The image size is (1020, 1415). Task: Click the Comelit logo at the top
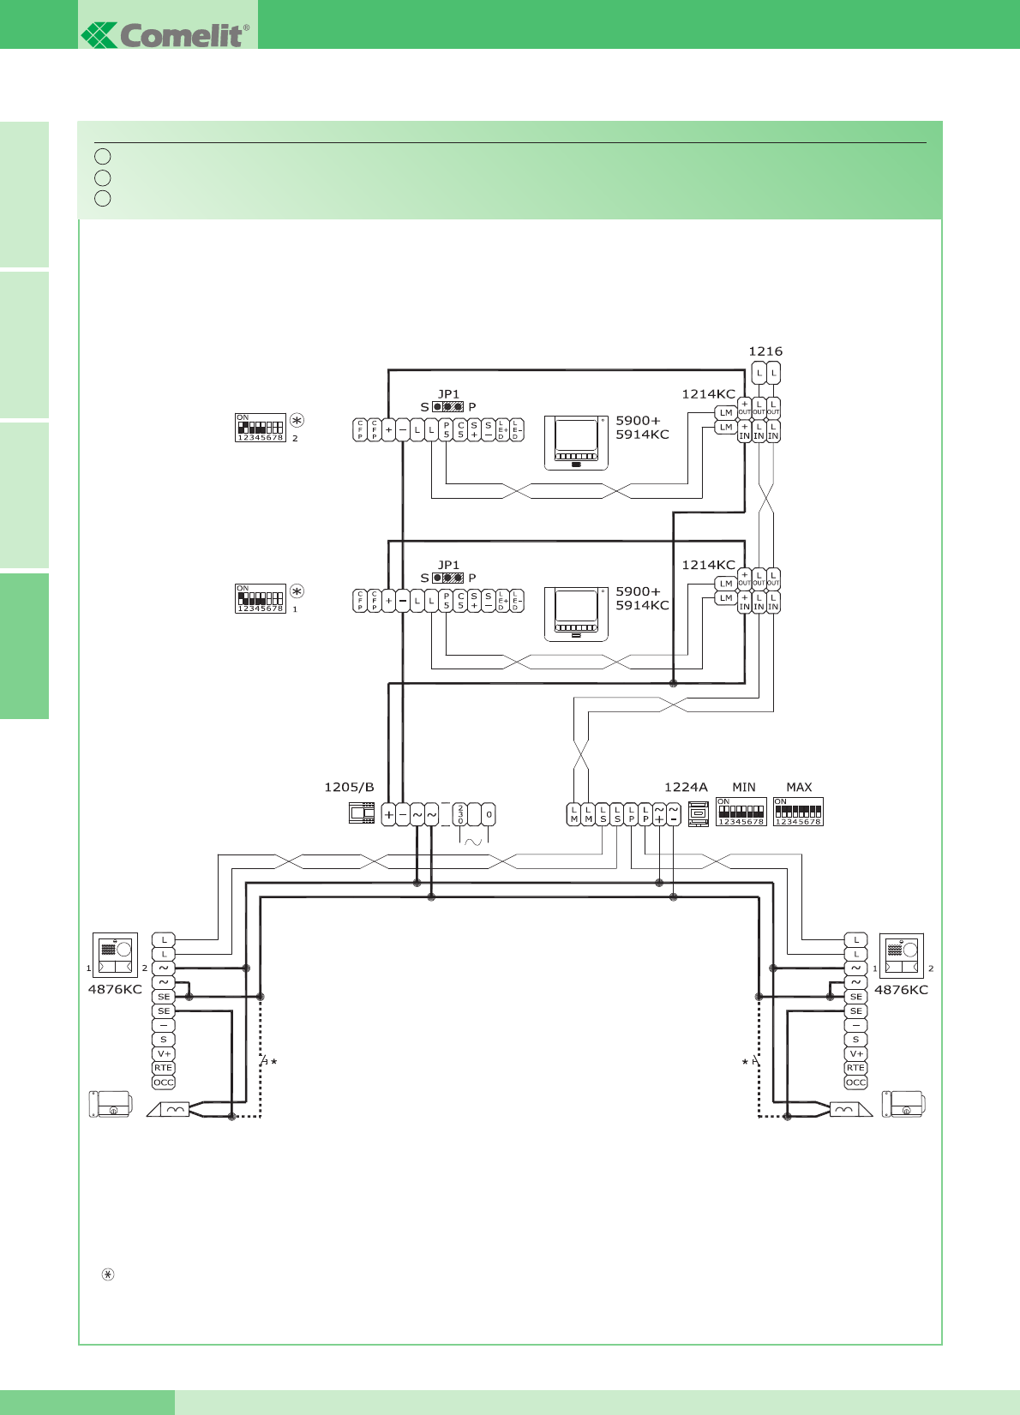[166, 34]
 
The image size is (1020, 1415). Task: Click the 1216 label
[765, 351]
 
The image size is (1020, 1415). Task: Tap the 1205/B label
[349, 787]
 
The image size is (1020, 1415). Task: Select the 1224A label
[686, 787]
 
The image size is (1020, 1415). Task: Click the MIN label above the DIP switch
[744, 787]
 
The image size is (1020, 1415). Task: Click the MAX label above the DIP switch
[799, 787]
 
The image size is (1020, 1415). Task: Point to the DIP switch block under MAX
[798, 812]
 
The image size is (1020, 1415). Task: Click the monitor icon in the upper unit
[576, 443]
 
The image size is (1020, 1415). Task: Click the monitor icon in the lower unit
[576, 614]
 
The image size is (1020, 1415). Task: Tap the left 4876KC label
[115, 989]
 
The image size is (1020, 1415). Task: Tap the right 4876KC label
[901, 989]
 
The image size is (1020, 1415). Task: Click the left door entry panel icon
[115, 955]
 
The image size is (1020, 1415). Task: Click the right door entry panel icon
[901, 955]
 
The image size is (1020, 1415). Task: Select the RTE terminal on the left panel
[163, 1068]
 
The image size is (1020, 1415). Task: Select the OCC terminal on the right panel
[855, 1082]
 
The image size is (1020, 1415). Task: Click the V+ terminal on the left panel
[163, 1054]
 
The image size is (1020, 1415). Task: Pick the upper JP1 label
[448, 394]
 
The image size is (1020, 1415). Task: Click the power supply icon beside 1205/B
[362, 813]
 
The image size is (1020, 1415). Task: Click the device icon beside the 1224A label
[699, 813]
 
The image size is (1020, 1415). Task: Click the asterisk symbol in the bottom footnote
[108, 1274]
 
